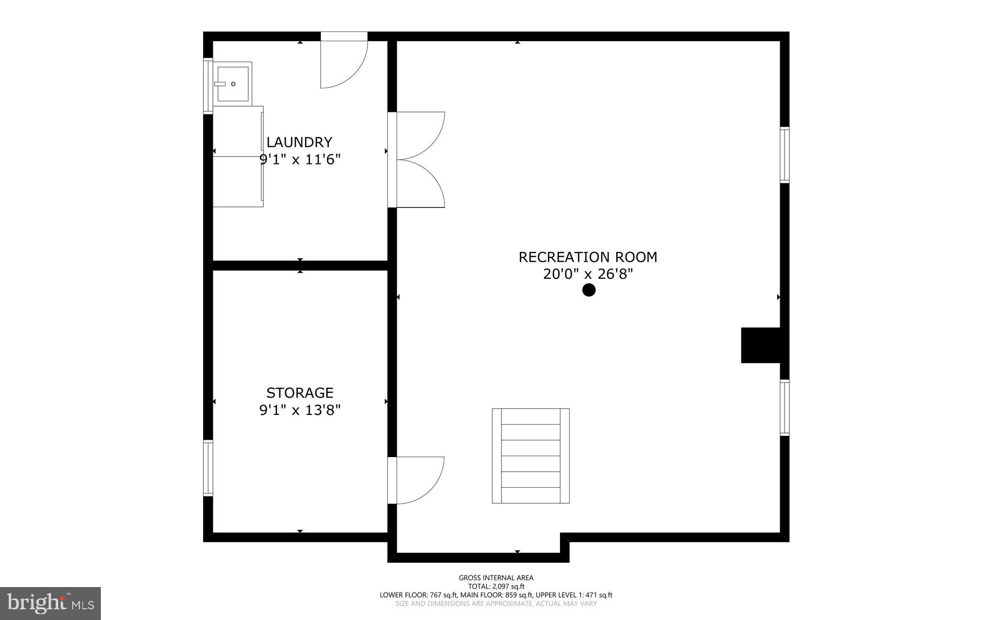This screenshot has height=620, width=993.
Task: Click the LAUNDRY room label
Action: (299, 142)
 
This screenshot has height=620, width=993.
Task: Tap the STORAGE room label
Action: (300, 393)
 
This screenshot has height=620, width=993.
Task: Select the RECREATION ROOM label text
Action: (588, 257)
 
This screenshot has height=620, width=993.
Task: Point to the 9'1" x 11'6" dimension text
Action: (300, 159)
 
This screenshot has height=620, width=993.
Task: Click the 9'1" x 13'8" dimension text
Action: (300, 411)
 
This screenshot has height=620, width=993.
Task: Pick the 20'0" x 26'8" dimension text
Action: (588, 274)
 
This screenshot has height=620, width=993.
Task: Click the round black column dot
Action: (589, 290)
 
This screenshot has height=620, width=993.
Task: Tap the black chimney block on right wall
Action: (760, 345)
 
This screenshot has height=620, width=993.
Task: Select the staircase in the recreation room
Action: (530, 456)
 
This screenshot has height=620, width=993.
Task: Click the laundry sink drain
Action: (233, 84)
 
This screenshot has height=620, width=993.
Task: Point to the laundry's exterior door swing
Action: (343, 61)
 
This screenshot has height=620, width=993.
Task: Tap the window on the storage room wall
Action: (208, 468)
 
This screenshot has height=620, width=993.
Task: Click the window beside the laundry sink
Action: (208, 86)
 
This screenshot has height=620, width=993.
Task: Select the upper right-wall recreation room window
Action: (784, 155)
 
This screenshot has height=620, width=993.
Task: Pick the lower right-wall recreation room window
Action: (784, 408)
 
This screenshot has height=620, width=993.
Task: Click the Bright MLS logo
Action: (50, 604)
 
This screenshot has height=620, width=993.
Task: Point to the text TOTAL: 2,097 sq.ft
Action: (496, 587)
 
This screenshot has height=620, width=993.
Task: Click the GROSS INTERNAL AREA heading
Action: (496, 578)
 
